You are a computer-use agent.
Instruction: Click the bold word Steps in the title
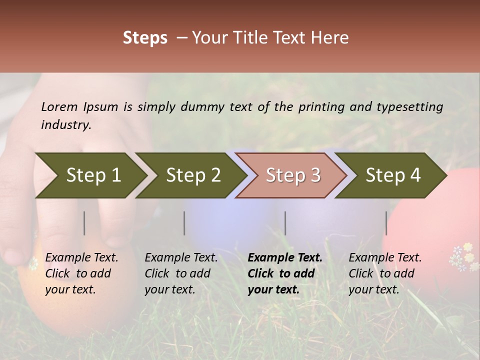[x=145, y=38]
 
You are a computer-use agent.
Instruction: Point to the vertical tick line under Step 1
[x=84, y=223]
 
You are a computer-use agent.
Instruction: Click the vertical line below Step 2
[x=184, y=223]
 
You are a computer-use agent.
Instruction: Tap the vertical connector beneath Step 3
[x=285, y=223]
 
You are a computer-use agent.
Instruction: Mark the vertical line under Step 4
[x=386, y=223]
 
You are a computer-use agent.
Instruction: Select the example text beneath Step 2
[x=181, y=273]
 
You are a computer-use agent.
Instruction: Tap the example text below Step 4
[x=385, y=273]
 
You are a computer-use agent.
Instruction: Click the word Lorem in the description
[x=59, y=107]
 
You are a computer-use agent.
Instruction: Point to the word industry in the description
[x=65, y=125]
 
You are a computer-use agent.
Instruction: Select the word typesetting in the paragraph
[x=409, y=107]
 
